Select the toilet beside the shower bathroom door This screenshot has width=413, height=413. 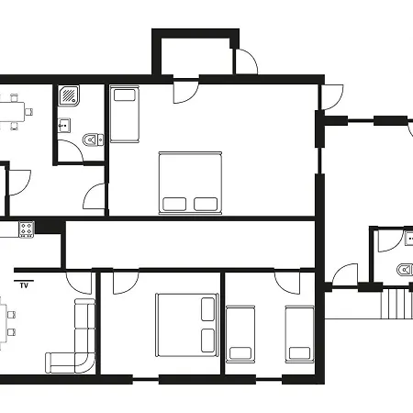(x=90, y=140)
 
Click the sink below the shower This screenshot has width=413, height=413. (x=64, y=126)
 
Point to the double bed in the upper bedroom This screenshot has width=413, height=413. (x=191, y=182)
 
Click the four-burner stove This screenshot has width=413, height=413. (x=26, y=229)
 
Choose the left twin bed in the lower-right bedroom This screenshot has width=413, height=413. (x=240, y=334)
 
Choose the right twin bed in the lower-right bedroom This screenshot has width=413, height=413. (x=299, y=334)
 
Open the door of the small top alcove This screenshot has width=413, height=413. (x=245, y=61)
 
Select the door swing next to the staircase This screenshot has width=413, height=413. (x=345, y=274)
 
